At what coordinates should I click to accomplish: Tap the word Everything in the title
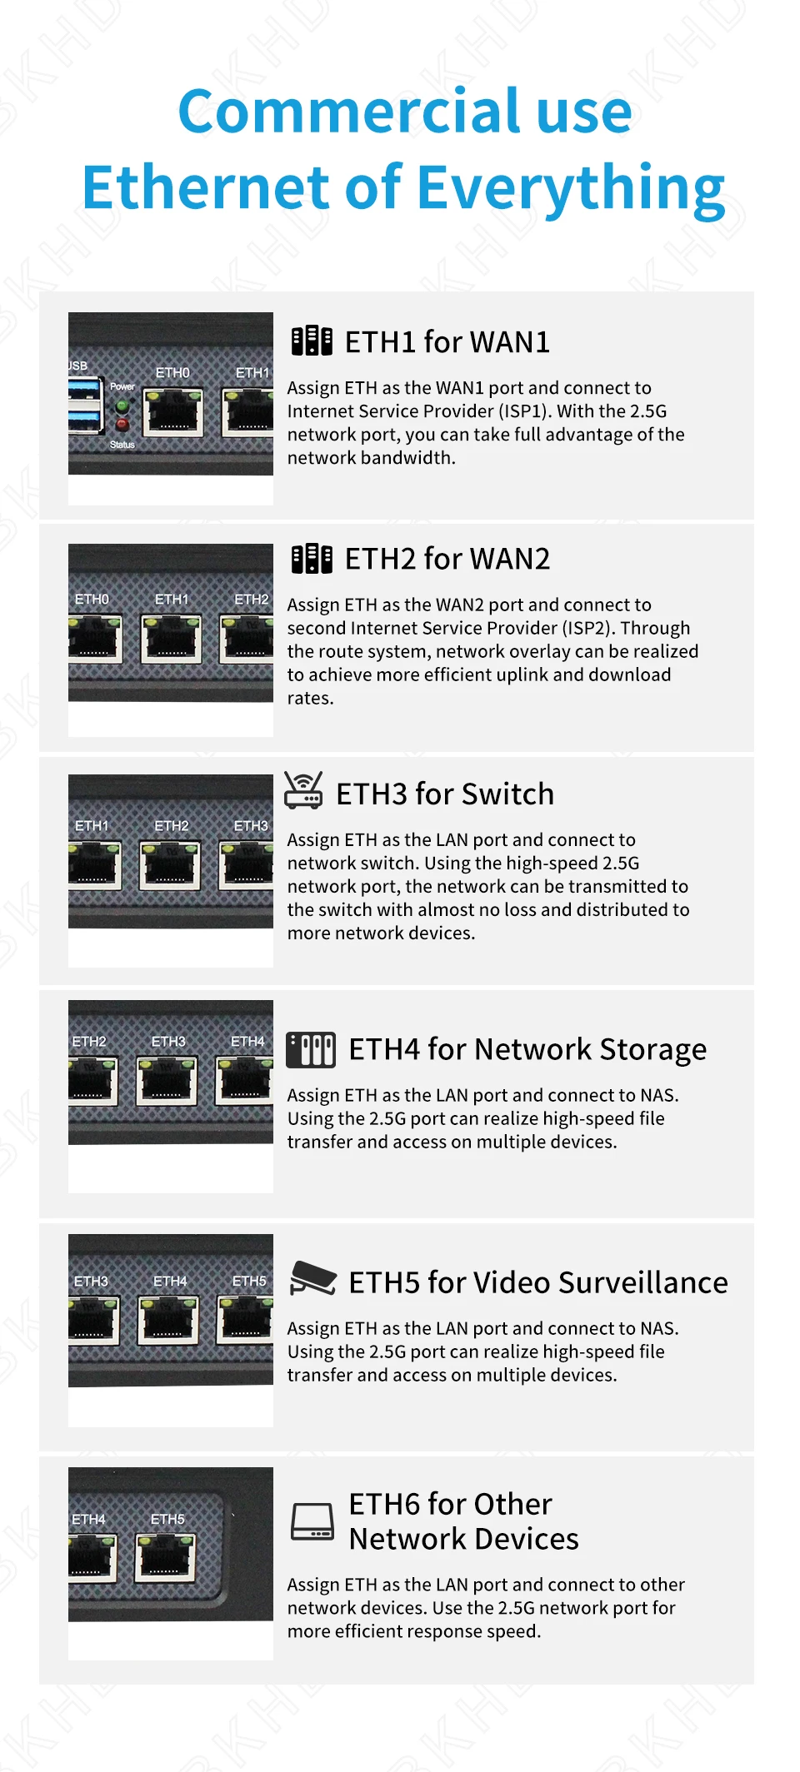(571, 190)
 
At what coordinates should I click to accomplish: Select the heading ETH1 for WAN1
(447, 341)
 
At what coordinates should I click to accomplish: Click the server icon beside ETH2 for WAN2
(312, 558)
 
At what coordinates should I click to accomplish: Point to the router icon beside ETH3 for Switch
(303, 790)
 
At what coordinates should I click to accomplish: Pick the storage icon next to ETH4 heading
(311, 1049)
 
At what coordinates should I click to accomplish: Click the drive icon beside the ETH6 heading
(312, 1521)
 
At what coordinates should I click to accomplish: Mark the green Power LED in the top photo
(122, 406)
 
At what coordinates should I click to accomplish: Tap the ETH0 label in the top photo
(172, 372)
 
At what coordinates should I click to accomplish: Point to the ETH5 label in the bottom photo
(167, 1519)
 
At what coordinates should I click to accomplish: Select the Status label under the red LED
(122, 445)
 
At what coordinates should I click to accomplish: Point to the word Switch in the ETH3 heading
(507, 794)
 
